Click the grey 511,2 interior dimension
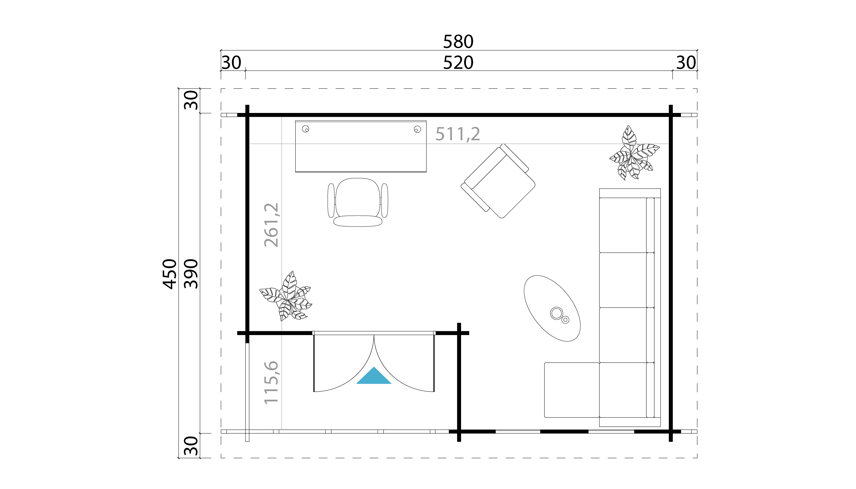pos(458,134)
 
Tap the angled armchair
pos(498,181)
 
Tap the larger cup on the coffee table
pos(556,313)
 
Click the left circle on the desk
pos(305,129)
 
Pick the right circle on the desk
pos(417,129)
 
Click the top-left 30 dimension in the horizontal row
pos(231,63)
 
